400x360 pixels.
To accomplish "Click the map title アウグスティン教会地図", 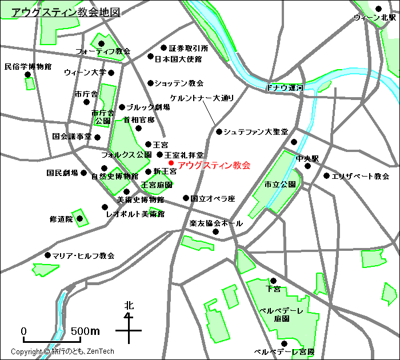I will (66, 11).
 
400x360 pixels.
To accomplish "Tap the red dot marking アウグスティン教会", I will (171, 163).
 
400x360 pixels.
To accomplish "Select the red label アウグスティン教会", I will (214, 166).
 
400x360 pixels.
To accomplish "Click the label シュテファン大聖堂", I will (255, 132).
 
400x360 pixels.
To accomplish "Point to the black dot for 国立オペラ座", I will (186, 198).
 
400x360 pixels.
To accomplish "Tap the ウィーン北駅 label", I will (374, 18).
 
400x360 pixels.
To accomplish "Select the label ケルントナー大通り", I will (202, 98).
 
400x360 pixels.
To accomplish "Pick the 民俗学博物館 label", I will (28, 67).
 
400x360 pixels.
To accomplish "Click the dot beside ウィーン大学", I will (111, 73).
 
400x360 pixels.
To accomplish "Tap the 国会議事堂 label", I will (72, 137).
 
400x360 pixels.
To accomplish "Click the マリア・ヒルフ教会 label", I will (83, 255).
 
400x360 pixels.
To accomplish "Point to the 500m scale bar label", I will (86, 331).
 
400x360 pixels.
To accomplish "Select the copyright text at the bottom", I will (63, 352).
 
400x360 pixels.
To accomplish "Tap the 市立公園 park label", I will (280, 185).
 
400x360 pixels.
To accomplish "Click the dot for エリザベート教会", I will (326, 176).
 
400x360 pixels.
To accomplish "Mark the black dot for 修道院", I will (80, 218).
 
